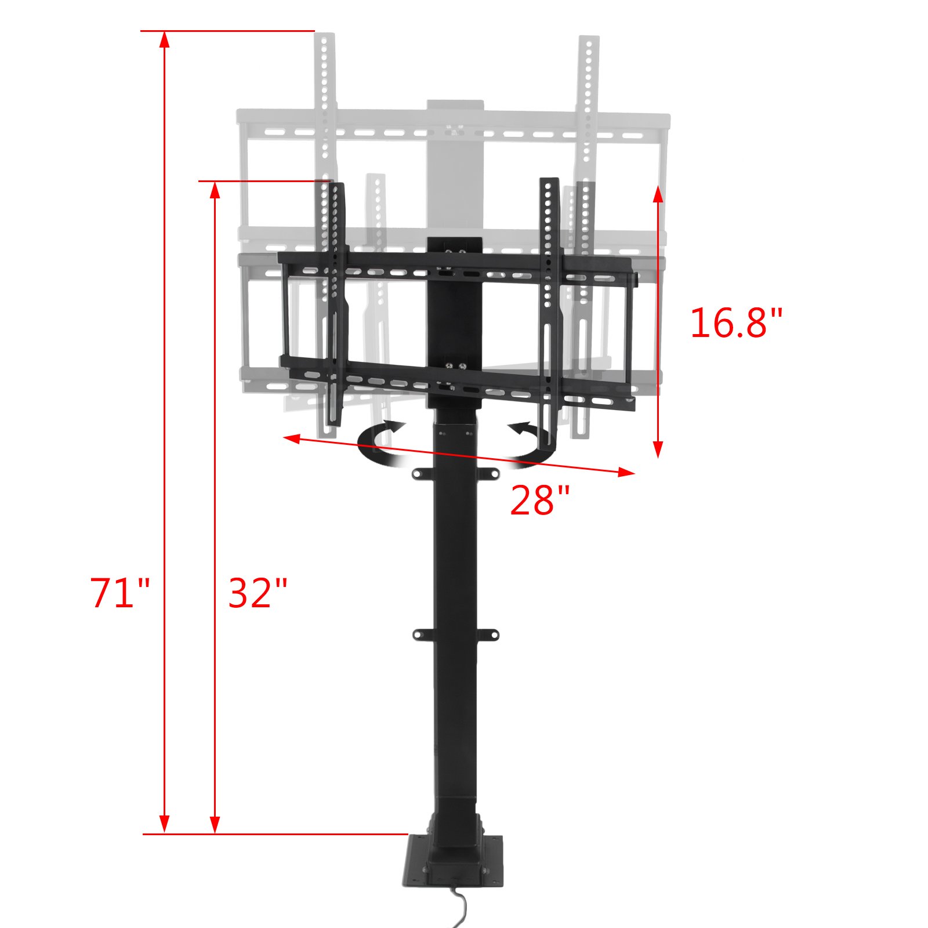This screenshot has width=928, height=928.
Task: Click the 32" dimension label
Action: tap(258, 593)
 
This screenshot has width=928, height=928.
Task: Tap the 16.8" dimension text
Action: tap(735, 323)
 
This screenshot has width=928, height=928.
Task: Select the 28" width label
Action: tap(539, 501)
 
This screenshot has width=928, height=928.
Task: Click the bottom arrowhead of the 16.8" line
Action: tap(658, 449)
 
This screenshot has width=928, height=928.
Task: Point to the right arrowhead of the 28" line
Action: tap(626, 473)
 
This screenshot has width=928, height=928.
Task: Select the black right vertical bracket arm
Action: tap(549, 302)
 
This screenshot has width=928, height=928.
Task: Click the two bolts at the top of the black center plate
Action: tap(455, 251)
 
